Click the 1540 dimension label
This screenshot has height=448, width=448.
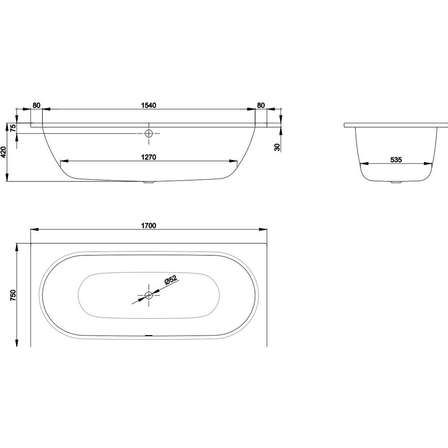(149, 105)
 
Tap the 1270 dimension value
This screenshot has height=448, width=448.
(149, 157)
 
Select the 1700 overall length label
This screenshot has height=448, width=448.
(149, 225)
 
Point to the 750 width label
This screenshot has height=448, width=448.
(13, 295)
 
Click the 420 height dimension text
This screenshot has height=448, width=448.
(4, 152)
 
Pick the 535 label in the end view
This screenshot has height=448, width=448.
(396, 160)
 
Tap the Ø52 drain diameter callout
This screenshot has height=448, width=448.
(171, 280)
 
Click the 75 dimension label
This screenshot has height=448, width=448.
(13, 128)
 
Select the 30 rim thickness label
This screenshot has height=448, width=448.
(277, 147)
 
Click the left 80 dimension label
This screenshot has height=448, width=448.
(36, 105)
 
